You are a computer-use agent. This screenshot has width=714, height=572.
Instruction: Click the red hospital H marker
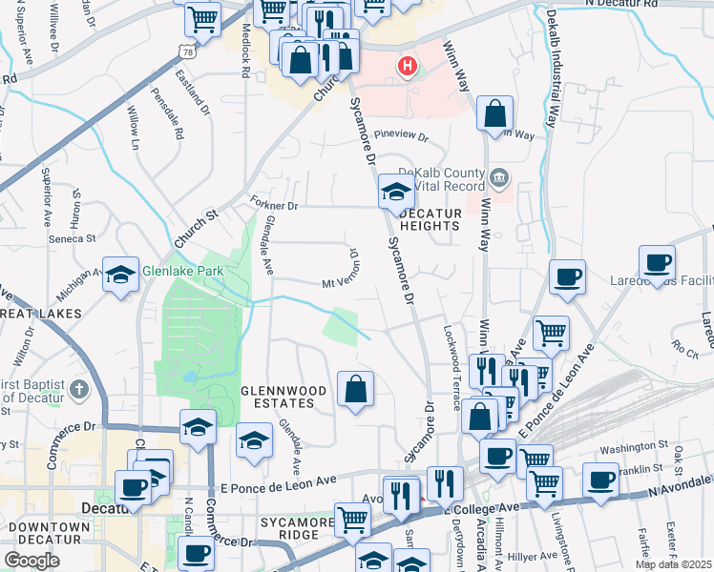(408, 67)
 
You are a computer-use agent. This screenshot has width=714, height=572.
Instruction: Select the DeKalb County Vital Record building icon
(498, 178)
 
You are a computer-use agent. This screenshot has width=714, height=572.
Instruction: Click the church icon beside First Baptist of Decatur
(78, 390)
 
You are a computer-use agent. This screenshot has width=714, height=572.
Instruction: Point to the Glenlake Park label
(182, 272)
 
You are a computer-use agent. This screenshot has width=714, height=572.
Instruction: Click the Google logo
(31, 560)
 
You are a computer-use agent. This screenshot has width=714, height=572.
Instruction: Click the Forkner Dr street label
(275, 205)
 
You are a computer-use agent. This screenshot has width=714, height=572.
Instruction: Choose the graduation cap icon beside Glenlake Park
(121, 275)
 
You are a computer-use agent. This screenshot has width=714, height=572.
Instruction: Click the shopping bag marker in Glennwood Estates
(355, 389)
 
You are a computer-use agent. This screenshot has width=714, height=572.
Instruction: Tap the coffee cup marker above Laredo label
(657, 262)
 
